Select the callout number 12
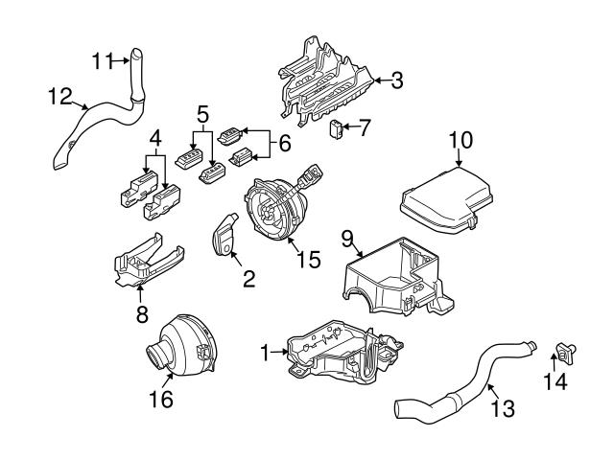[x=59, y=95]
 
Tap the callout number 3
[x=395, y=80]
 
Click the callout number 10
[x=460, y=141]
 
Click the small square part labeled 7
[x=337, y=129]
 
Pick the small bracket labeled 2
[x=224, y=236]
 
